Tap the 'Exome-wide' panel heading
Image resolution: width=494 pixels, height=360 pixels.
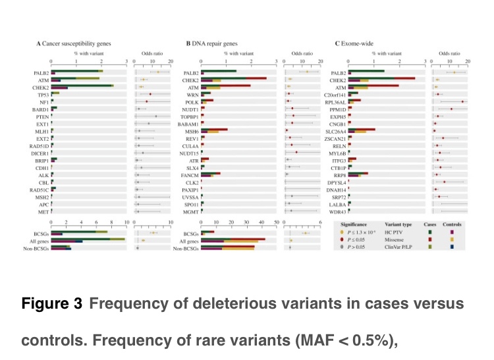coord(360,43)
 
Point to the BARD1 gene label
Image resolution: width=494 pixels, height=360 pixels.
coord(41,108)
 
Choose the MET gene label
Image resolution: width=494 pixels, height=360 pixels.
coord(43,211)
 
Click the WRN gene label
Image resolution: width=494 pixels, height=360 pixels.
coord(194,93)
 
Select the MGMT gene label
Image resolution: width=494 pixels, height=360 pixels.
coord(191,211)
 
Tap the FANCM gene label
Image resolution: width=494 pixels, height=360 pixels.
coord(190,174)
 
